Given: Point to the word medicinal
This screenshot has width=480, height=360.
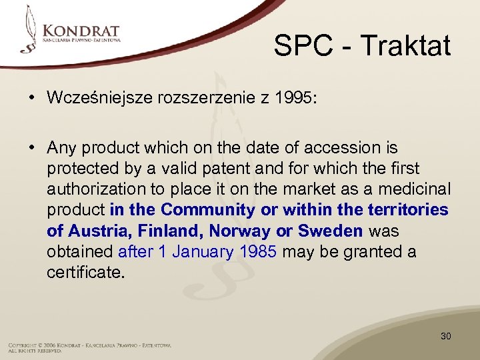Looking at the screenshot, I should pyautogui.click(x=417, y=189).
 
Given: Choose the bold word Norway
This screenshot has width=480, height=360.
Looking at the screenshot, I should pyautogui.click(x=238, y=231).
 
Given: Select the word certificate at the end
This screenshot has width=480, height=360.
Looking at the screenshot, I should pyautogui.click(x=85, y=272).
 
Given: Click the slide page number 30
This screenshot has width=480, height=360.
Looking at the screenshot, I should pyautogui.click(x=445, y=336).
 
